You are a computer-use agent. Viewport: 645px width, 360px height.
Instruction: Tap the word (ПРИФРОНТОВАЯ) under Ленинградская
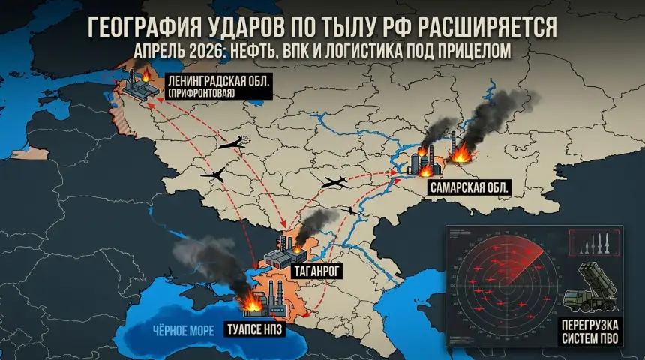[202, 92]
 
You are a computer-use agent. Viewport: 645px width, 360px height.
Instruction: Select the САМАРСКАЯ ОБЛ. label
[470, 188]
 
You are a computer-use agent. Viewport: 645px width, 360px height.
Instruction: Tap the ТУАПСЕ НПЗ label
[254, 327]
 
